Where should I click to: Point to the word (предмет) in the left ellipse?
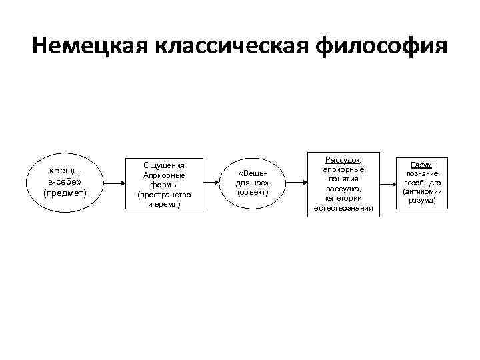65,193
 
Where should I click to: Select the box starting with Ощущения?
163,184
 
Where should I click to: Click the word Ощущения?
163,165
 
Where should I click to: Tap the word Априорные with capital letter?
163,175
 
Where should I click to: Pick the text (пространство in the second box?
163,195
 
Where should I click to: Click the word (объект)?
253,193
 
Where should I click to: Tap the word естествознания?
343,208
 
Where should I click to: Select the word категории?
343,198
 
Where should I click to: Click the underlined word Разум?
421,165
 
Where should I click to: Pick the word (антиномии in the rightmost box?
422,191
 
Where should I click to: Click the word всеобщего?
422,183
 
